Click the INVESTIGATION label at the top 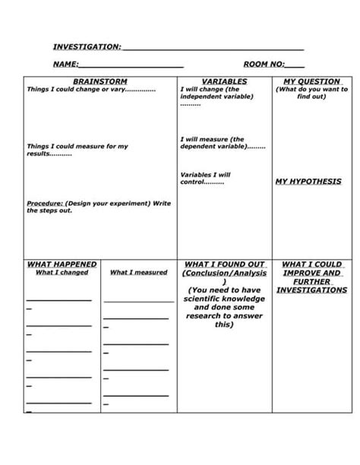(86, 47)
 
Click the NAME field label (65, 65)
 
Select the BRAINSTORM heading (99, 81)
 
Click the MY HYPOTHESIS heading (308, 182)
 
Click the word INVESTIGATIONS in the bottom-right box (312, 289)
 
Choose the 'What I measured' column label (139, 272)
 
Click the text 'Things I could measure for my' (77, 146)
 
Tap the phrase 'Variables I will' (205, 175)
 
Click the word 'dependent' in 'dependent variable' (200, 146)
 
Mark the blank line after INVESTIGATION (213, 49)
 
